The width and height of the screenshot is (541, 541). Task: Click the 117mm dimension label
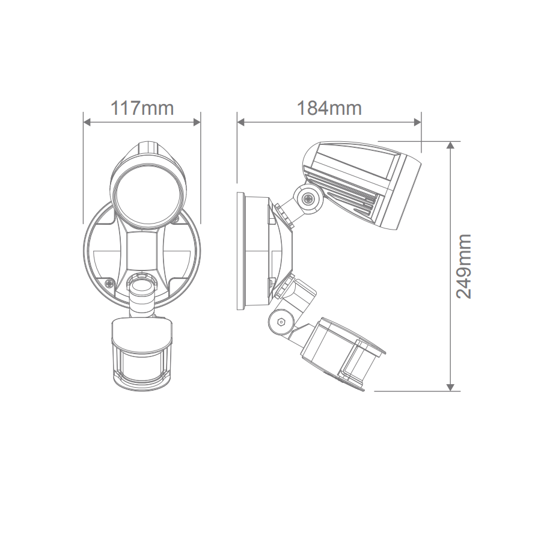pos(142,108)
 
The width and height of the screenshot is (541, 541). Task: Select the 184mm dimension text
pos(329,108)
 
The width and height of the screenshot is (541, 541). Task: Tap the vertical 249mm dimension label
pos(463,266)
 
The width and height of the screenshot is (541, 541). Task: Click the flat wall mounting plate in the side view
pos(242,251)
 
